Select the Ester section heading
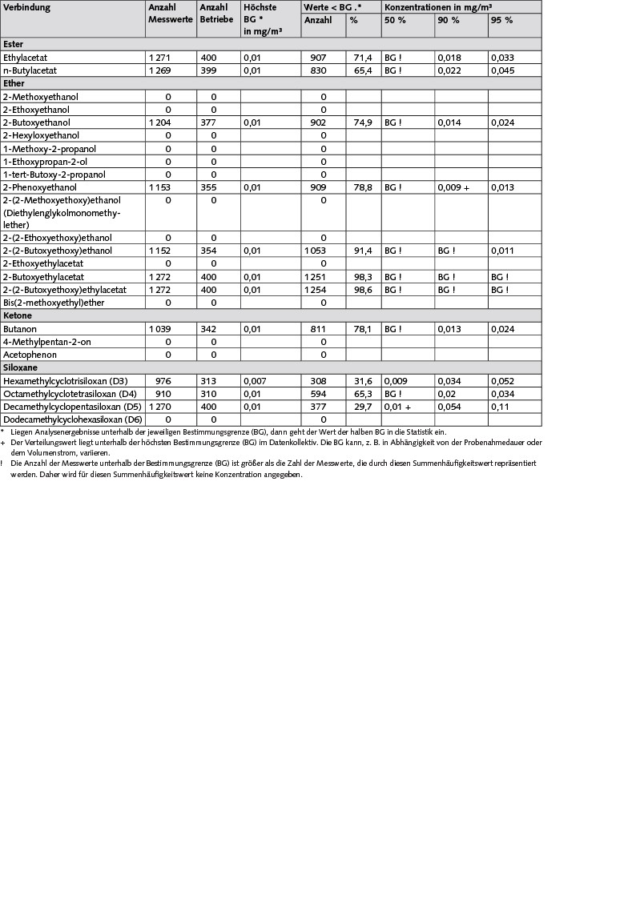pyautogui.click(x=14, y=45)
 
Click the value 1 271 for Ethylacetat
pyautogui.click(x=160, y=58)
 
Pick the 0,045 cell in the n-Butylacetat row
pyautogui.click(x=502, y=70)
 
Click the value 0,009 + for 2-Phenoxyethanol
pyautogui.click(x=453, y=187)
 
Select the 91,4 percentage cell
pyautogui.click(x=356, y=251)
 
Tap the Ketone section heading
pyautogui.click(x=18, y=315)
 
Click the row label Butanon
pyautogui.click(x=20, y=329)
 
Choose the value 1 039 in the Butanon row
pyautogui.click(x=160, y=329)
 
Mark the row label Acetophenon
pyautogui.click(x=29, y=355)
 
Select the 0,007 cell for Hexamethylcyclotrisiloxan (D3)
pyautogui.click(x=256, y=381)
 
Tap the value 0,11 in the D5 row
pyautogui.click(x=499, y=407)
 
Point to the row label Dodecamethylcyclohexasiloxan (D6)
pyautogui.click(x=73, y=419)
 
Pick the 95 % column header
pyautogui.click(x=501, y=20)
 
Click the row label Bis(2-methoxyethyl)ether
pyautogui.click(x=54, y=303)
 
